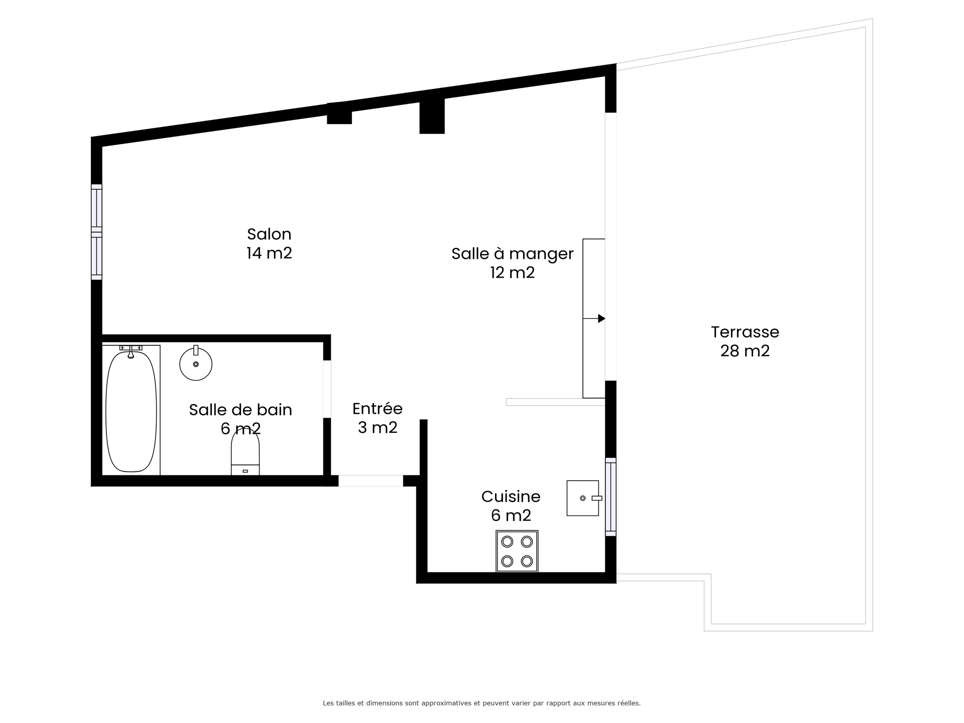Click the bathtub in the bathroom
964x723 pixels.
[x=131, y=410]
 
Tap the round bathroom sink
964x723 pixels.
[x=196, y=363]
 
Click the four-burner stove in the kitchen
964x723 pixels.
[x=517, y=551]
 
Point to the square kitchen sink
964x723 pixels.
[x=583, y=498]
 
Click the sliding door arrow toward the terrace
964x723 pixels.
[x=594, y=318]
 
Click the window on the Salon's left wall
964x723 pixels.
[x=96, y=232]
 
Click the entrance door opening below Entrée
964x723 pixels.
[x=371, y=480]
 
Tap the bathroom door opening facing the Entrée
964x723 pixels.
[x=327, y=389]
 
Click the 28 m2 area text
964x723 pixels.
[x=745, y=350]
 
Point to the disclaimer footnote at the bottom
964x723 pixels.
[x=481, y=703]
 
